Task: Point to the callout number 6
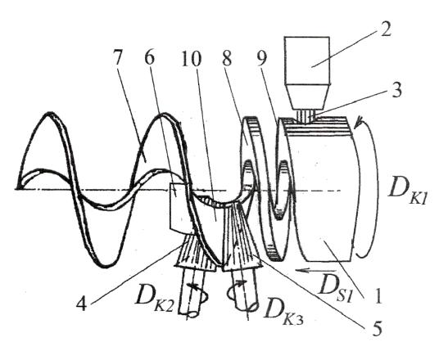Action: (x=149, y=59)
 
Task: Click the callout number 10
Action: (x=192, y=59)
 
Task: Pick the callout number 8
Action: (x=227, y=58)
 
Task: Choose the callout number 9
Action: (x=262, y=59)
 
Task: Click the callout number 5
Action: (x=377, y=328)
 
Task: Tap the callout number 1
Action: (x=378, y=296)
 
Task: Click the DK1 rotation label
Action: (x=407, y=192)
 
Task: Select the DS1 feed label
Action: (x=335, y=289)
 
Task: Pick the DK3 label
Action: (x=283, y=311)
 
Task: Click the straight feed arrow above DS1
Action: (x=315, y=271)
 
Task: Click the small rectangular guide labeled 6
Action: (x=180, y=208)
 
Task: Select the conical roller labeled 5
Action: (x=242, y=241)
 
